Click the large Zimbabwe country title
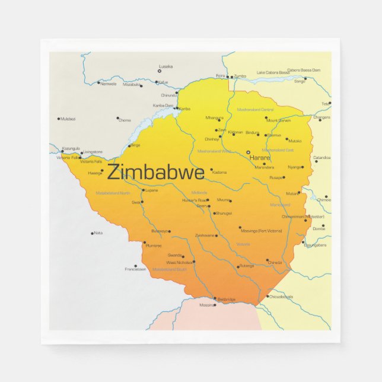(156, 173)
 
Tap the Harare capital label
(259, 158)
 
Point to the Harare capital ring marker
(249, 152)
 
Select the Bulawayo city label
(160, 231)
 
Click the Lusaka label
(166, 66)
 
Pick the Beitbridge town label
(227, 299)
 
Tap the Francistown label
(135, 269)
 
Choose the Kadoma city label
(219, 173)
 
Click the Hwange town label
(95, 173)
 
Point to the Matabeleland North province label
(113, 193)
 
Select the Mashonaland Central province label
(255, 110)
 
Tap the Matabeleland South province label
(169, 269)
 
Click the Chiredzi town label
(275, 262)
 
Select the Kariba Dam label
(163, 105)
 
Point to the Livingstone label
(93, 152)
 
